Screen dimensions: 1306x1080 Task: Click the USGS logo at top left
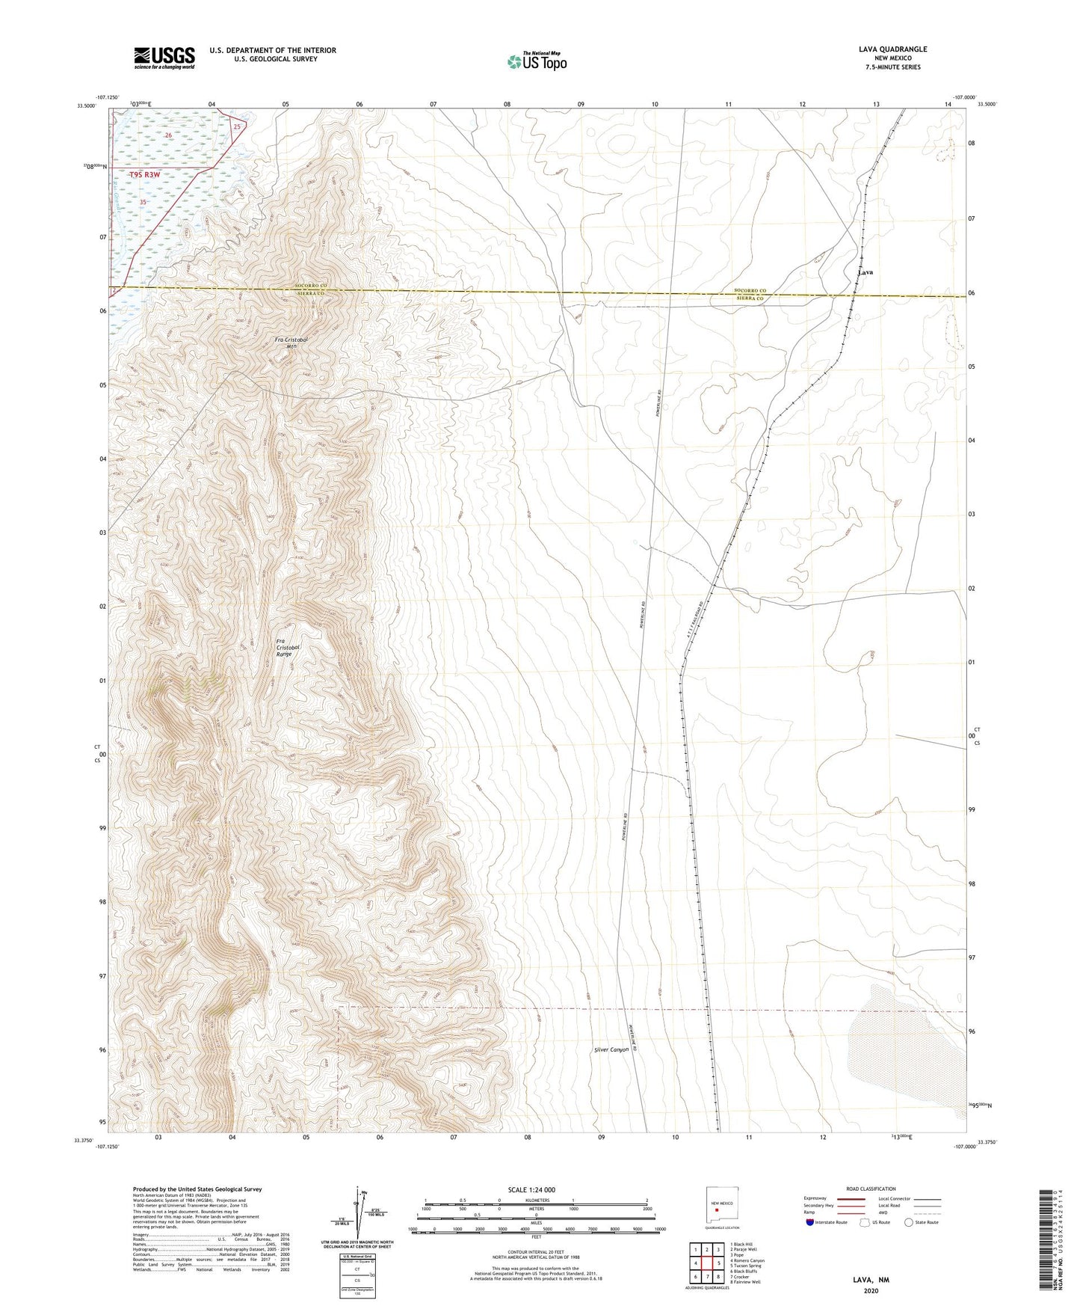[x=164, y=58]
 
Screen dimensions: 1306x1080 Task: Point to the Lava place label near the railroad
[x=865, y=272]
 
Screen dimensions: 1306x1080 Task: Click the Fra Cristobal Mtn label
[x=291, y=343]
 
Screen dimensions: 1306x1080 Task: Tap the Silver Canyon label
[x=611, y=1049]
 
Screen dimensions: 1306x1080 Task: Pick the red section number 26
[x=169, y=135]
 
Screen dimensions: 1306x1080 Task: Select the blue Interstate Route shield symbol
[x=810, y=1222]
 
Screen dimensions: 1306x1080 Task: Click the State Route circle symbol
[x=908, y=1222]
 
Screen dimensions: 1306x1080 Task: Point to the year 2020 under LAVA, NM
[x=871, y=1290]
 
